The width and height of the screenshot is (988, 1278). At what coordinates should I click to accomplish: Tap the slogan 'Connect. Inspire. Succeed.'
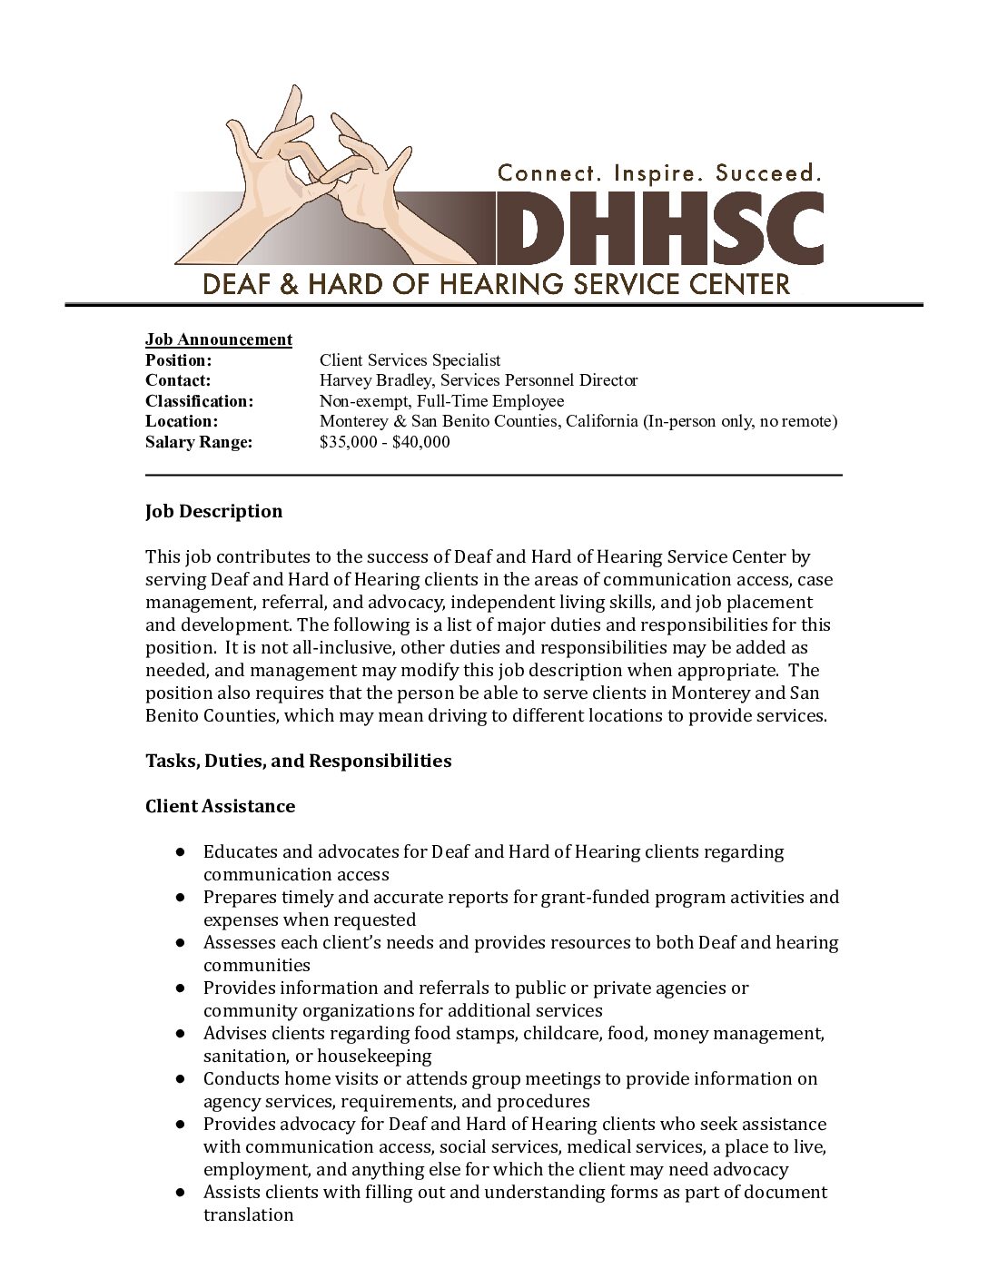(x=660, y=172)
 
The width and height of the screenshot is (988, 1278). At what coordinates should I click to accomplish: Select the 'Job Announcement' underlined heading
(x=219, y=339)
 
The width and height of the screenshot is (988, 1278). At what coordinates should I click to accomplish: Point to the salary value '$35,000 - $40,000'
(x=384, y=442)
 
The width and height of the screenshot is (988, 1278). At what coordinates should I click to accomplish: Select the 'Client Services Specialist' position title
(x=410, y=360)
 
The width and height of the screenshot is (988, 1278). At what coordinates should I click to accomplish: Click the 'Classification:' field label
(x=199, y=401)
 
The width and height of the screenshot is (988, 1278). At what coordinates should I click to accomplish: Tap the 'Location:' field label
(x=182, y=421)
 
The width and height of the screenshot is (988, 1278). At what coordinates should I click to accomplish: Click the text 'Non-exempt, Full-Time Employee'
(x=441, y=401)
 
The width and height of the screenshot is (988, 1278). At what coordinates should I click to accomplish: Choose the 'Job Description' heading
(x=213, y=511)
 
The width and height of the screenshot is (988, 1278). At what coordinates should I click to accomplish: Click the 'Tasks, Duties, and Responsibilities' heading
(x=298, y=761)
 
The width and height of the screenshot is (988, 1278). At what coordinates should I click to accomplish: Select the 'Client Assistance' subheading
(x=220, y=806)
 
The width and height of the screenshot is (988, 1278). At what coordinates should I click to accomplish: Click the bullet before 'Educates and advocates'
(x=182, y=852)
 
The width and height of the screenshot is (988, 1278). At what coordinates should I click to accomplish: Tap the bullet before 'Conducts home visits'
(x=182, y=1079)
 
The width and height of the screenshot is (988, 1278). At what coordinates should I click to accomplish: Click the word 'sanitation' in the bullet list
(x=242, y=1056)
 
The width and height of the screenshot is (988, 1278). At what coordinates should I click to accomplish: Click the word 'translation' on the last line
(x=248, y=1214)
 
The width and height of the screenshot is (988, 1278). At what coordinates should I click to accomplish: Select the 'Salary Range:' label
(x=198, y=442)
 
